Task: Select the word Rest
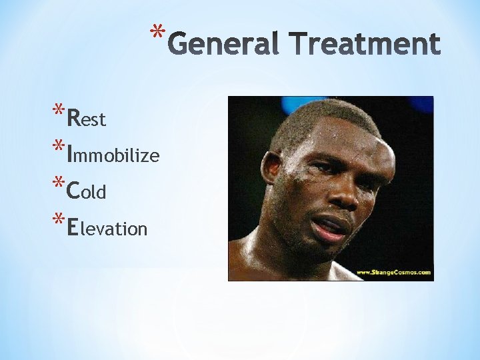(x=87, y=119)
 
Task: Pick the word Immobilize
(x=113, y=155)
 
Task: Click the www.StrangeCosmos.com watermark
(x=393, y=272)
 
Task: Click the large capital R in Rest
(x=75, y=118)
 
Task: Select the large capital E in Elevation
(x=73, y=228)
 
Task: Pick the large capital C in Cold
(x=75, y=191)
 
